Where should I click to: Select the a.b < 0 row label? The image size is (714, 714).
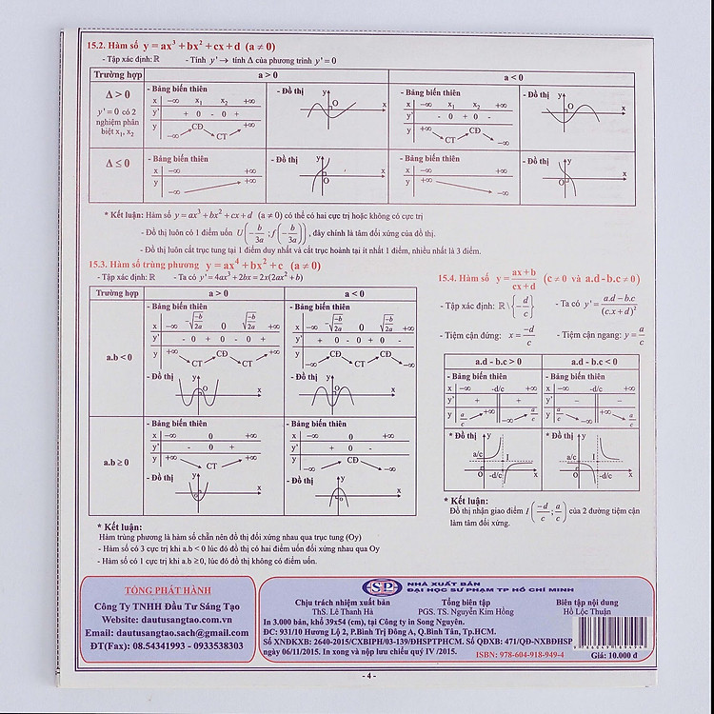tap(118, 357)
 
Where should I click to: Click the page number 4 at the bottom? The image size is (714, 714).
tap(371, 676)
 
